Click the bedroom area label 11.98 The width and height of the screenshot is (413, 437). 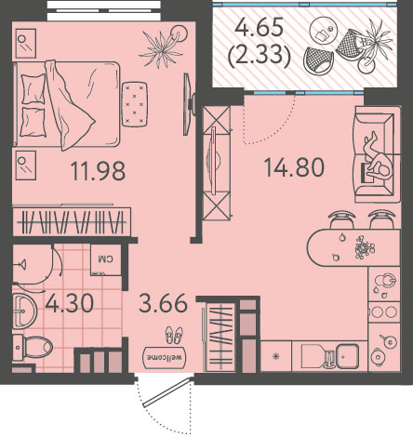coord(98,171)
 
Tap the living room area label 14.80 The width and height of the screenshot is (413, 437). coord(294,167)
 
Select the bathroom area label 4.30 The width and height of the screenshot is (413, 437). coord(69,303)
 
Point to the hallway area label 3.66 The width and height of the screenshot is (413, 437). coord(163,303)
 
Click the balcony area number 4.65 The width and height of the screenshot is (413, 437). coord(260,27)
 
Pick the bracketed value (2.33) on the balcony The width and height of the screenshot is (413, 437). coord(260,57)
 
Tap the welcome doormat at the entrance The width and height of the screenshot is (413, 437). coord(165,358)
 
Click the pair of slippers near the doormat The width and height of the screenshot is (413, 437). coord(174,335)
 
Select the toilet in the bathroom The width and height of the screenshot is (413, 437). coord(33,348)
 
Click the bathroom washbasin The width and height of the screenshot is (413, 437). coord(24,311)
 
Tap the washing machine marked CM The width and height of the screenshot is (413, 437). coord(105,259)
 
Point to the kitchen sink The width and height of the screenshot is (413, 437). coord(348,356)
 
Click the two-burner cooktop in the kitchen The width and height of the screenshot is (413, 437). coord(384,311)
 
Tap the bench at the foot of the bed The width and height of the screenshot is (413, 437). coord(135,104)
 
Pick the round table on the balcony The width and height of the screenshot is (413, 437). coord(324,33)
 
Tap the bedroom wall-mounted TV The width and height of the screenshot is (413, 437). coord(187,104)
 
